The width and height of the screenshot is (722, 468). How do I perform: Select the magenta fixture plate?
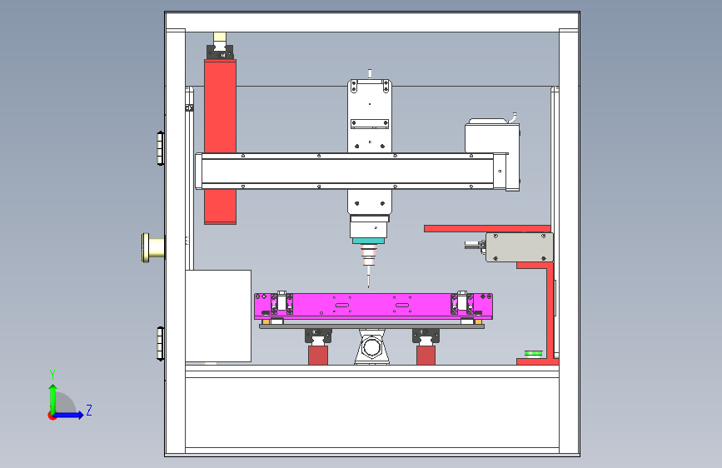tap(373, 306)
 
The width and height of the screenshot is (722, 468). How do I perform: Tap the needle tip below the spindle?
tap(368, 287)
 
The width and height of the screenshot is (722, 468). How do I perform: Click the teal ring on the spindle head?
tap(368, 241)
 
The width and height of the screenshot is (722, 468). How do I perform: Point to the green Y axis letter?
tap(52, 375)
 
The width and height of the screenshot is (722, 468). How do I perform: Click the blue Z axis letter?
tap(89, 410)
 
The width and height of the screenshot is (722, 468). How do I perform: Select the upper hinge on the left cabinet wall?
tap(160, 148)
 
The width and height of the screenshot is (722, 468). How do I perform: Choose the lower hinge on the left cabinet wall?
tap(160, 344)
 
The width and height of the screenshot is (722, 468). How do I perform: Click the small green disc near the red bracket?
tap(534, 354)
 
